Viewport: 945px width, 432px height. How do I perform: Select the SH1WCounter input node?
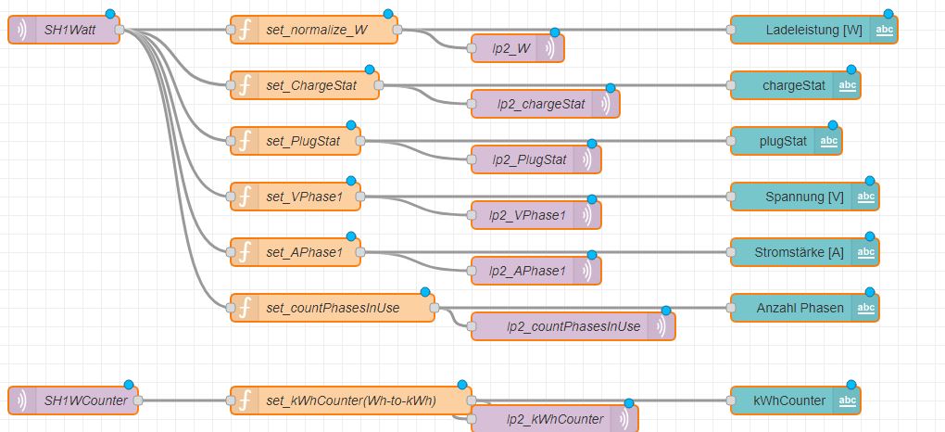74,400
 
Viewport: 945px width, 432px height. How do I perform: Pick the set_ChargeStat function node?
306,85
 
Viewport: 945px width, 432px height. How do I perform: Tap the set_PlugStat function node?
296,141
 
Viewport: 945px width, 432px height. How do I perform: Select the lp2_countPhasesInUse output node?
573,326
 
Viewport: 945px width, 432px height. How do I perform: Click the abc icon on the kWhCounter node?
847,400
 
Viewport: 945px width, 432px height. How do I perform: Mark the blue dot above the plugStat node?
833,125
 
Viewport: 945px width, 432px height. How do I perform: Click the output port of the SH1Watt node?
120,30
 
